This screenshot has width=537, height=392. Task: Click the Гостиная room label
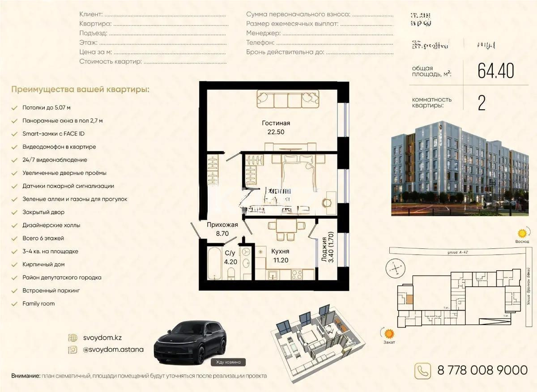click(x=276, y=123)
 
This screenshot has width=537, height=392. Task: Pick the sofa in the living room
click(x=288, y=98)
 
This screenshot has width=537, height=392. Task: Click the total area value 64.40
click(x=496, y=71)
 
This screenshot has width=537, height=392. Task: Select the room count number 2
click(x=482, y=103)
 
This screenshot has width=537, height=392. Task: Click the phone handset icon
click(x=423, y=370)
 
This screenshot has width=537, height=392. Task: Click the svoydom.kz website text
click(x=102, y=337)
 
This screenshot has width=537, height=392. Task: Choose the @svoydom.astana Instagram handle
click(x=113, y=349)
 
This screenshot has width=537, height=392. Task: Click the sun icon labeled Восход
click(x=521, y=233)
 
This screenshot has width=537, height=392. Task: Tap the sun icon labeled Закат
click(x=389, y=333)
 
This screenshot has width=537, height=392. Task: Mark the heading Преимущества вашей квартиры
click(x=80, y=89)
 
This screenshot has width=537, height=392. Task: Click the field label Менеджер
click(x=263, y=33)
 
